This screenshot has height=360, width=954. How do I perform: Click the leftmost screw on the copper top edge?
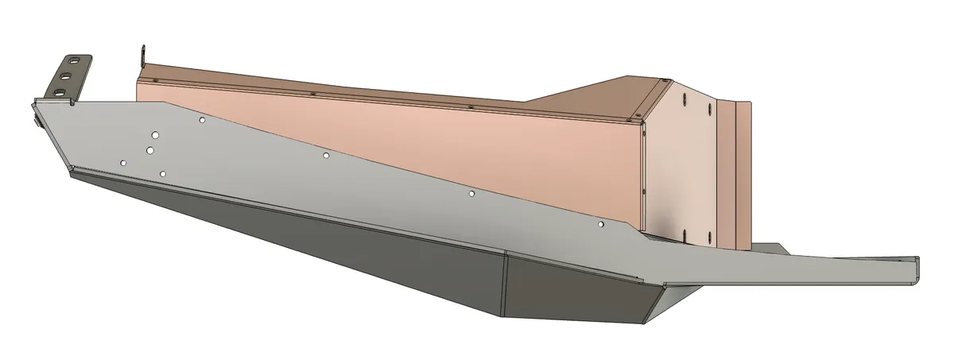point(157,81)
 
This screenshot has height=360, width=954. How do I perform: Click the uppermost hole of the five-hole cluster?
point(203,120)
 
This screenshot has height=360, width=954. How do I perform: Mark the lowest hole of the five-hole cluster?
point(162,173)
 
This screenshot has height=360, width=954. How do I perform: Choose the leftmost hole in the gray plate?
point(122,162)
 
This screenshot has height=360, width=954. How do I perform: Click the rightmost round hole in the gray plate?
point(601,225)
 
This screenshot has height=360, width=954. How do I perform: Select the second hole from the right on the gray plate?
point(471,193)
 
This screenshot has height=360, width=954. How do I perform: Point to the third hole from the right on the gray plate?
point(326,155)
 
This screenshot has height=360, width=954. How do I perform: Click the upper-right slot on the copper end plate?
point(707,106)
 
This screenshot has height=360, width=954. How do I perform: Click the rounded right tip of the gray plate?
point(915,269)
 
